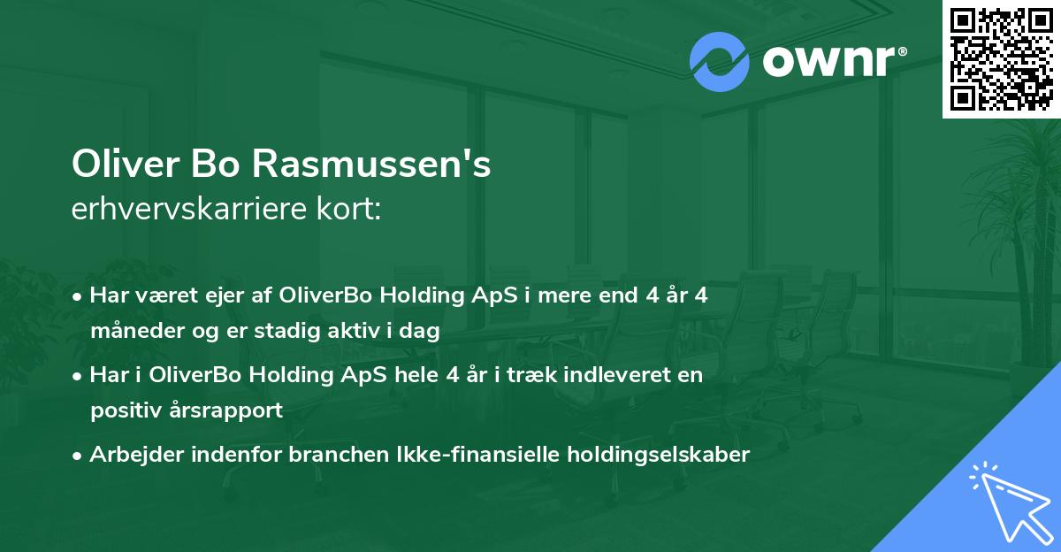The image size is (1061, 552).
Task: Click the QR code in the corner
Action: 1001,59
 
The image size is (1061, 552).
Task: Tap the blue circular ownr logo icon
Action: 720,61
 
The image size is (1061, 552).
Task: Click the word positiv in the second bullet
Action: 122,410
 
